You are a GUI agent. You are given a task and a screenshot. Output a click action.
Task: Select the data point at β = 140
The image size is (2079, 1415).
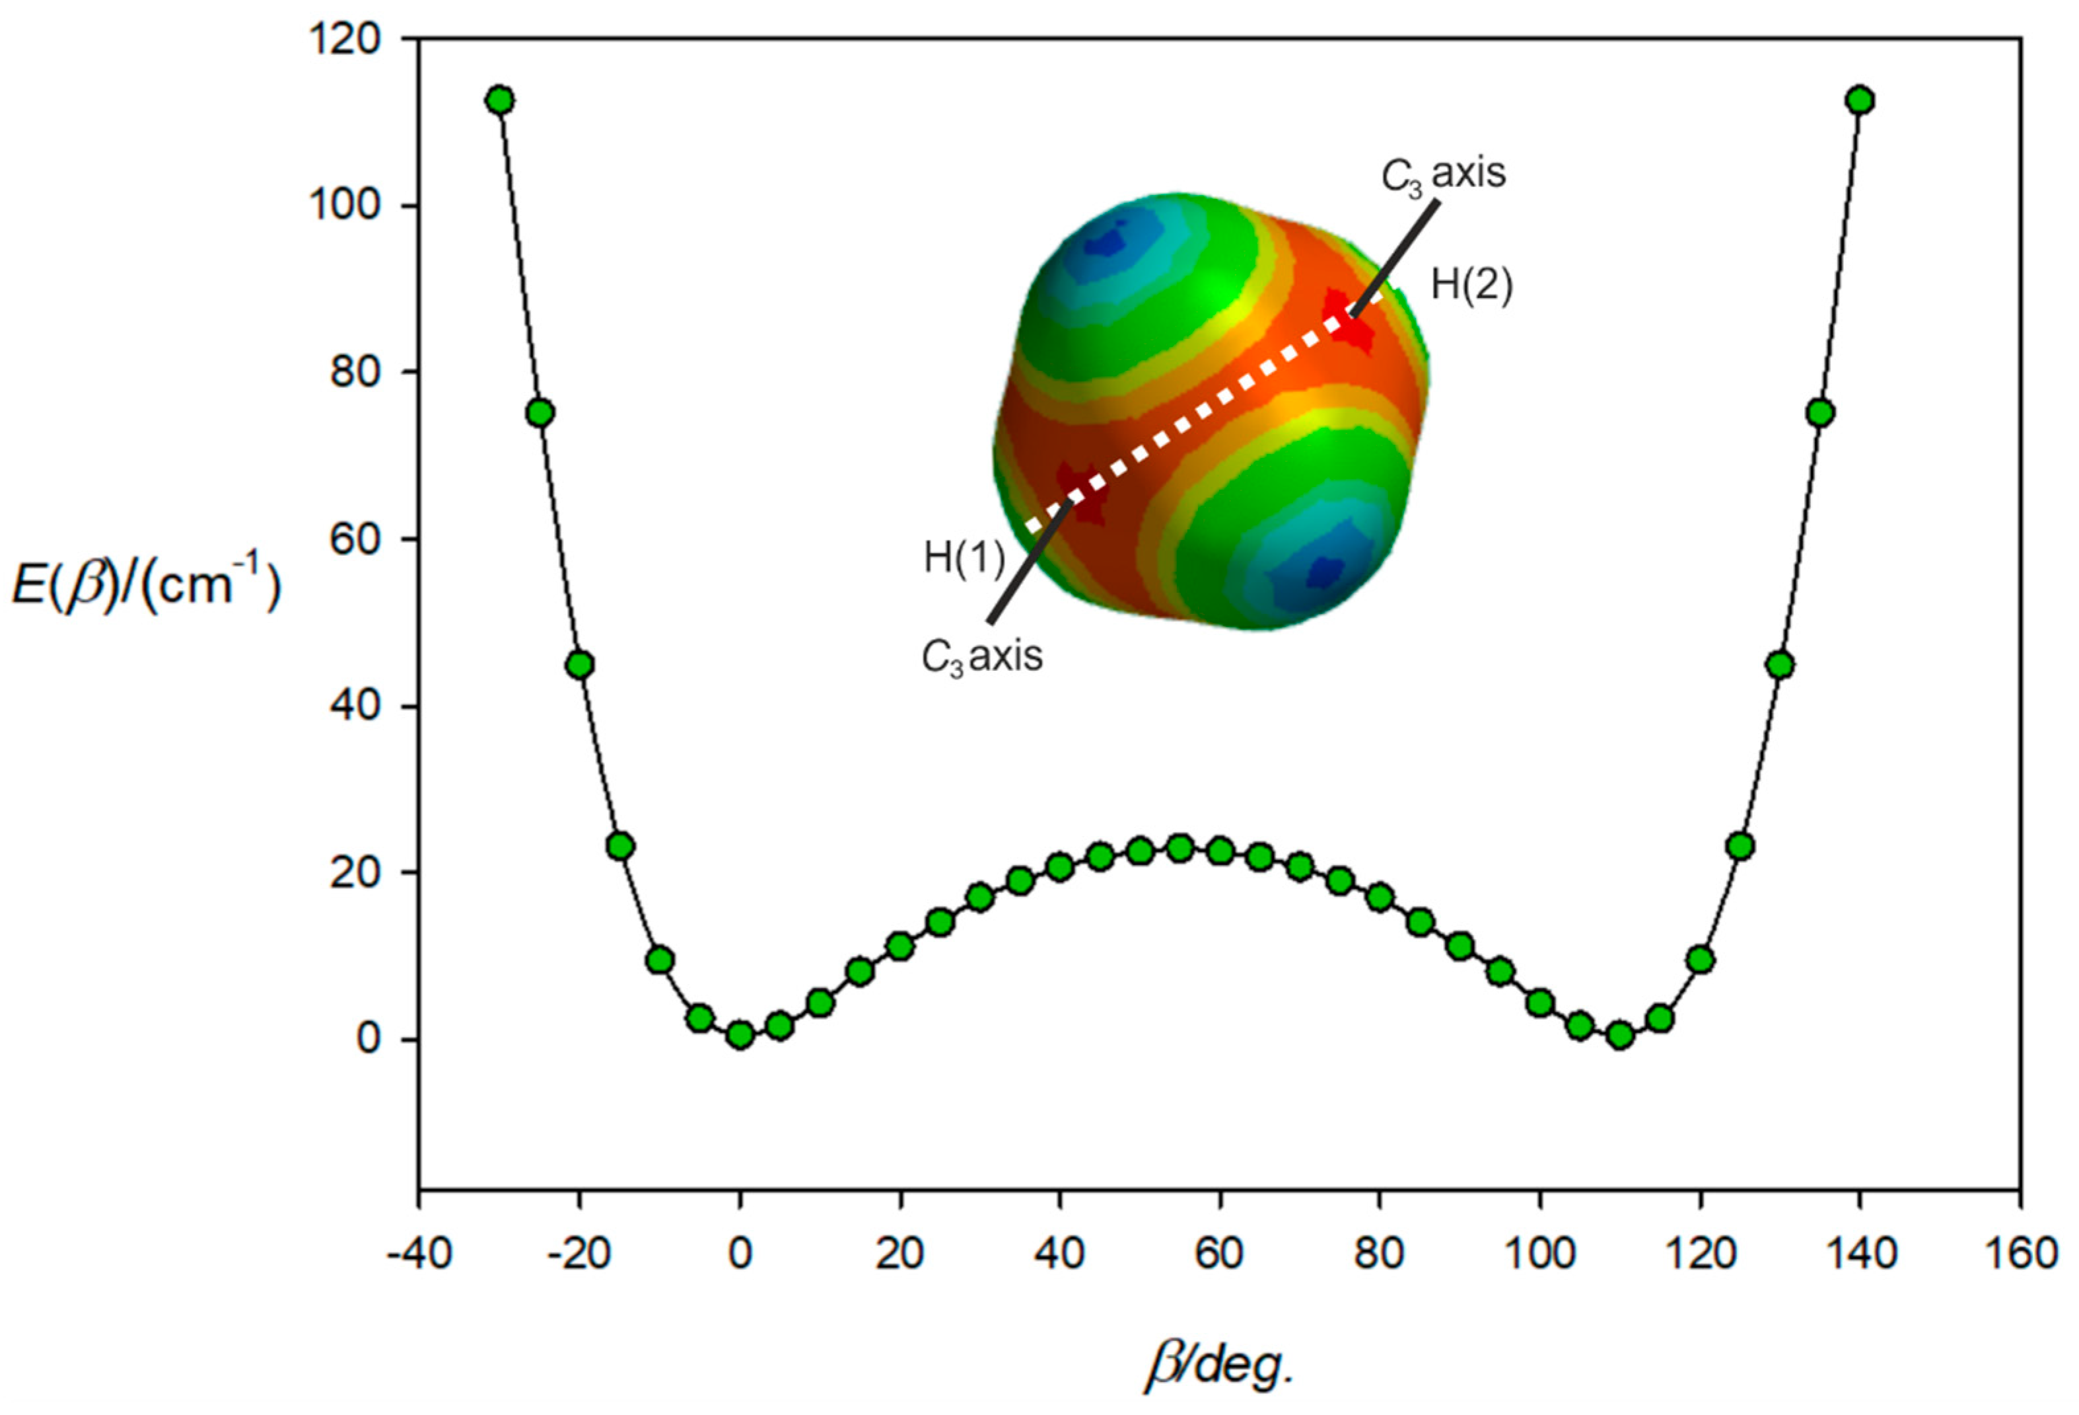click(x=1860, y=100)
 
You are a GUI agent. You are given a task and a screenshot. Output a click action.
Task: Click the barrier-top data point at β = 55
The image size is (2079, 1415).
click(x=1180, y=847)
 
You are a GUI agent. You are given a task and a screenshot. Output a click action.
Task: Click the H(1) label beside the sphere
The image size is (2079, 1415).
click(x=964, y=558)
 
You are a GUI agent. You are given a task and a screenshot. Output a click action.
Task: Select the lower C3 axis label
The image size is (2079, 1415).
click(x=982, y=657)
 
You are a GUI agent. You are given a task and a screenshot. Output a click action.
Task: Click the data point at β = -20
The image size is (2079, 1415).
click(x=580, y=665)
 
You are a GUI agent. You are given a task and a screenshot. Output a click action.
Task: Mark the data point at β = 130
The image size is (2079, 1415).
click(x=1780, y=665)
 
